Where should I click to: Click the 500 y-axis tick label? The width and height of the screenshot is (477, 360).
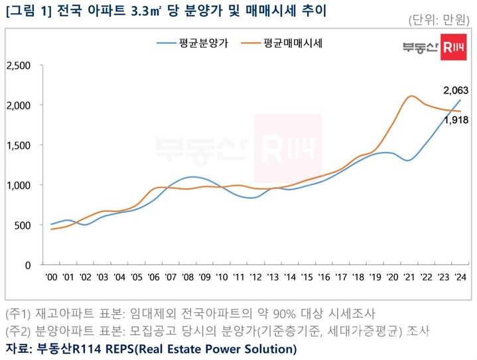(23, 225)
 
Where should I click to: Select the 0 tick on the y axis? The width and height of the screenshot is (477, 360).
(29, 265)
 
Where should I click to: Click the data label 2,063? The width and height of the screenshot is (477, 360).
(456, 90)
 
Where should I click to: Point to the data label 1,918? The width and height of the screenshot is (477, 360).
(456, 120)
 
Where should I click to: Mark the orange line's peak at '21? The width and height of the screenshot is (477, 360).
(411, 96)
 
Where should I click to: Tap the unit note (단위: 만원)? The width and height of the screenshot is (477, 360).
(440, 21)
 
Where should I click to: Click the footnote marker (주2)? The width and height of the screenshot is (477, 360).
(19, 330)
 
